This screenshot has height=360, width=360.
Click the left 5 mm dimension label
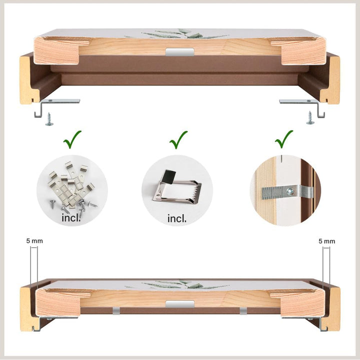pos(34,241)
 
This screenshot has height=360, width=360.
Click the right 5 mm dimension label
pos(326,241)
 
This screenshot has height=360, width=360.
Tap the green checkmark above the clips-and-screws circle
pos(72,139)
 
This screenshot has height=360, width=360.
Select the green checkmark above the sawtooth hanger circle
pos(178,140)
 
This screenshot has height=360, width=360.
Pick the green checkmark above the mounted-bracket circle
pos(284,139)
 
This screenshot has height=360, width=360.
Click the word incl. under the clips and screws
pos(71,217)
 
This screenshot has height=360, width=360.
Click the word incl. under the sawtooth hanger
pos(177,218)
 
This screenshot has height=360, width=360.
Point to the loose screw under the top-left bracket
pos(49,119)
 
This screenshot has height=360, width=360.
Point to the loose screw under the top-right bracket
pos(310,118)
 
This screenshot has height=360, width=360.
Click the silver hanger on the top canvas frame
pos(179,52)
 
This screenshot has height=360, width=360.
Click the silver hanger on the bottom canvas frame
pos(180,304)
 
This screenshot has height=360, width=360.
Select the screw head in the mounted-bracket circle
pos(290,191)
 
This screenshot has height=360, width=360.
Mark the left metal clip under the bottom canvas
pos(116,311)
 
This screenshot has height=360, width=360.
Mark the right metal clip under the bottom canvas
pos(243,311)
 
